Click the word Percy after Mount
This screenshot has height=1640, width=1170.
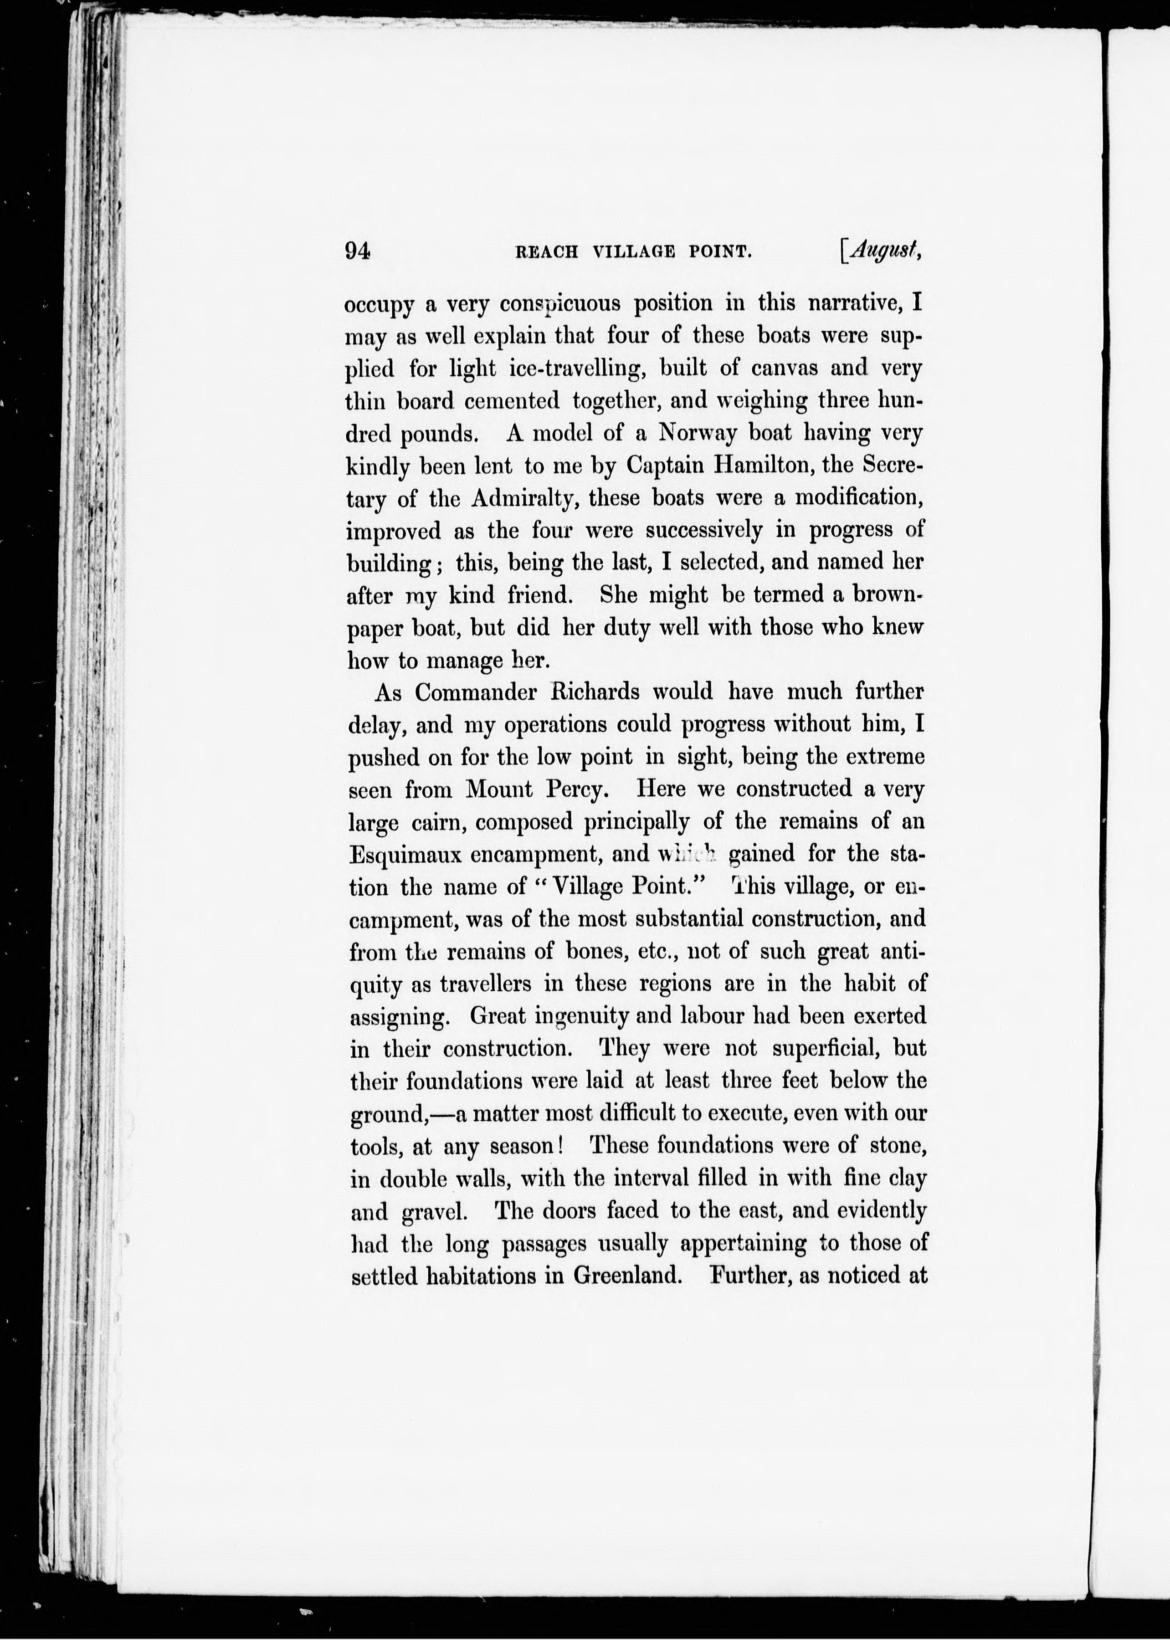pyautogui.click(x=578, y=789)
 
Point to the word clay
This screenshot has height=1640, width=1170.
pyautogui.click(x=906, y=1179)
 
